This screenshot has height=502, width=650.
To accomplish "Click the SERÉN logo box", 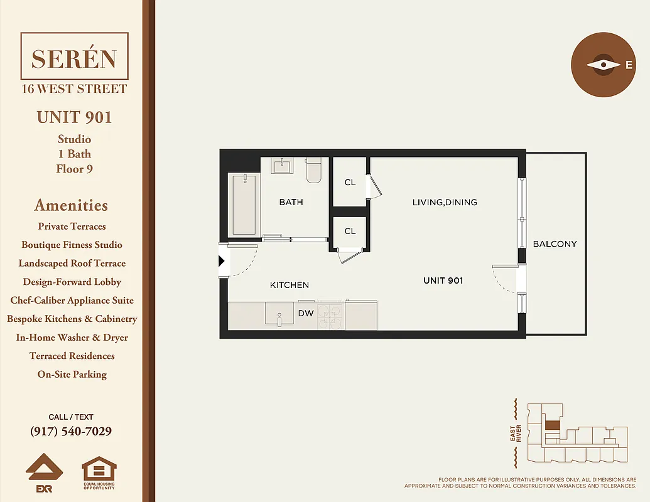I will point(74,58).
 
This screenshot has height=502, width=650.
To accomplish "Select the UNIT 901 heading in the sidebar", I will point(74,117).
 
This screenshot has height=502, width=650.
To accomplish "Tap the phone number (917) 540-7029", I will point(71,432).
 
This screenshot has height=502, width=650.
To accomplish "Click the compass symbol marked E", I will point(604,65).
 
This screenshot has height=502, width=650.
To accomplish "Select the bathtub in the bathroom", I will point(244,205).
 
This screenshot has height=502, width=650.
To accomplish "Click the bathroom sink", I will point(282,166).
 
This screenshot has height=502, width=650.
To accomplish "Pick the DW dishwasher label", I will point(306,313).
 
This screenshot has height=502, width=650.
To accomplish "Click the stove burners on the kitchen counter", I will point(330,316).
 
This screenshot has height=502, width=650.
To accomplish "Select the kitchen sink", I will point(279,314).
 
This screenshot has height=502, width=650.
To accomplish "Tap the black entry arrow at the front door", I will point(222,261).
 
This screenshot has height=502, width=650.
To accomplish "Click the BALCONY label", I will point(555,244).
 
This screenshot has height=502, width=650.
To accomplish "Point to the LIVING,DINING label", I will point(445,202).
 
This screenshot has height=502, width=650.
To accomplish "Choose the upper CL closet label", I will point(350,183).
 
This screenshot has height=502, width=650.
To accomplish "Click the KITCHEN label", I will point(290,285).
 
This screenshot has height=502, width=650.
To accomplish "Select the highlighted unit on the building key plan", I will point(551,425).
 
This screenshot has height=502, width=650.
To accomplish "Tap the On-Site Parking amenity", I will point(72,375).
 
